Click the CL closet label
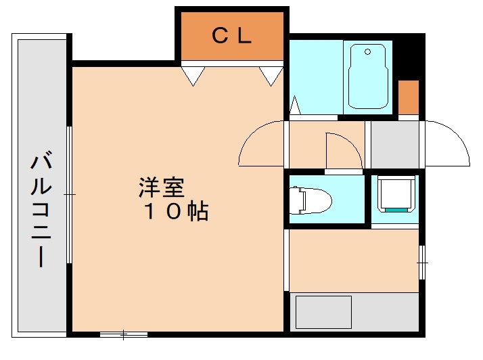232,36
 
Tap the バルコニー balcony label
41,210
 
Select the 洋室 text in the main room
162,185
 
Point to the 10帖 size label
175,212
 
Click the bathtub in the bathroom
367,78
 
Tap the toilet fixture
311,200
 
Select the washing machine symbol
396,194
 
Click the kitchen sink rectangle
323,313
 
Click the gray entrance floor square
394,144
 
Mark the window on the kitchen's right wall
421,261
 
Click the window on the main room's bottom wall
124,334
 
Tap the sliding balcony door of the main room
70,195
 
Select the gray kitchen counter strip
386,312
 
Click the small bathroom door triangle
296,106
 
